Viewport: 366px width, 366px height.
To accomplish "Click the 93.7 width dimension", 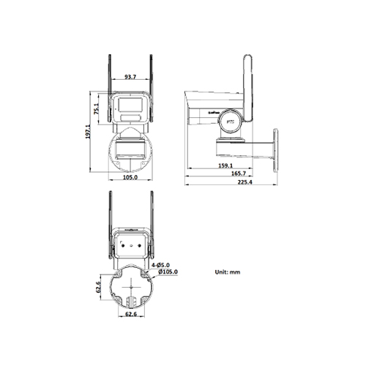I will click(129, 75).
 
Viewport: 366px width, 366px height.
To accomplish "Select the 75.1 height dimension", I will click(97, 110).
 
